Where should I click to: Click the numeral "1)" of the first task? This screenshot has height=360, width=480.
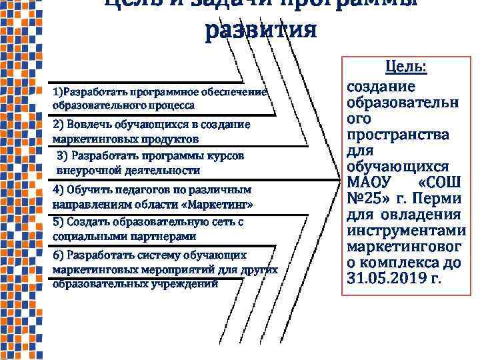point(57,91)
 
